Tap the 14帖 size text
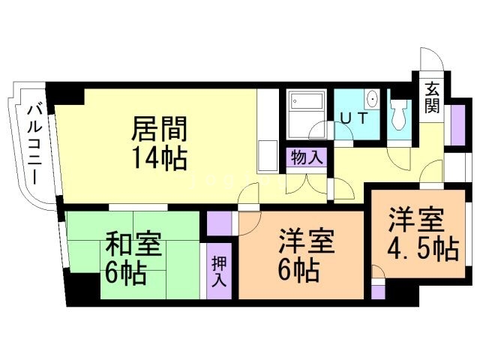tap(160, 158)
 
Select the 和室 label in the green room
tap(133, 244)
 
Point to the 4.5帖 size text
tap(423, 248)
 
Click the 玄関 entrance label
tap(432, 97)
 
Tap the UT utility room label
tap(354, 118)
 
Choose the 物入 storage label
tap(307, 157)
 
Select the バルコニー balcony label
tap(34, 144)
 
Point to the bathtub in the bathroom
tap(307, 100)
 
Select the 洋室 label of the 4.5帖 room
tap(417, 220)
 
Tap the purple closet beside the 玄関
tap(458, 125)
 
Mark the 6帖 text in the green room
tap(125, 273)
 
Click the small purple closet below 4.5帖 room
tap(378, 292)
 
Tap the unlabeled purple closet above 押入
tap(219, 223)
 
